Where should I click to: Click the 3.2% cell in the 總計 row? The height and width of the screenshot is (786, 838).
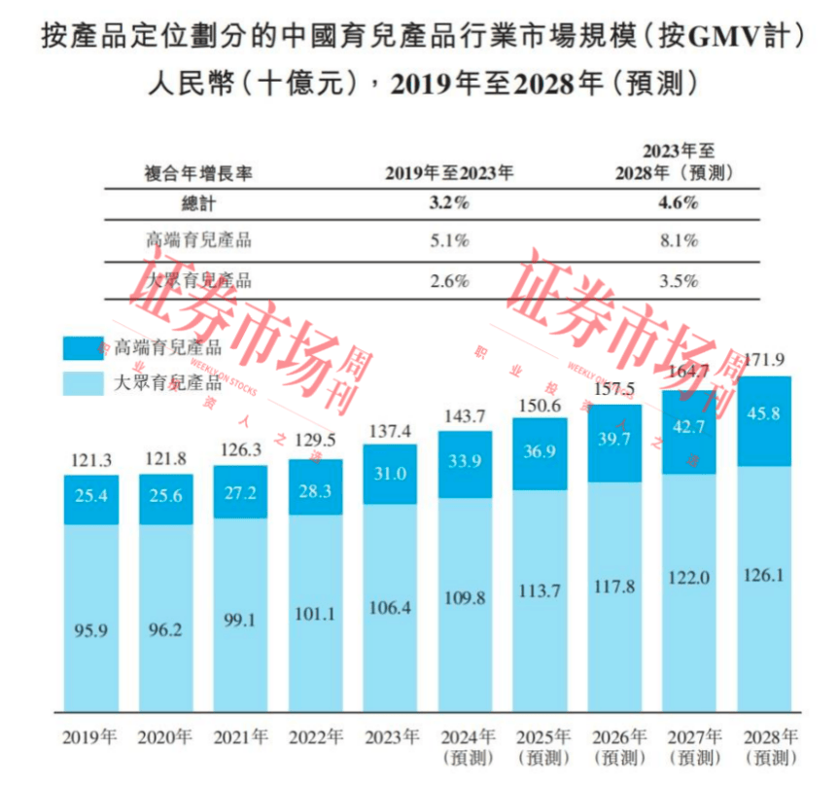(450, 203)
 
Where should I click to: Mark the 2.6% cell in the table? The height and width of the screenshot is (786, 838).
(450, 281)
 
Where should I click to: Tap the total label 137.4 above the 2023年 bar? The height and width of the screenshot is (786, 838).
(390, 430)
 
